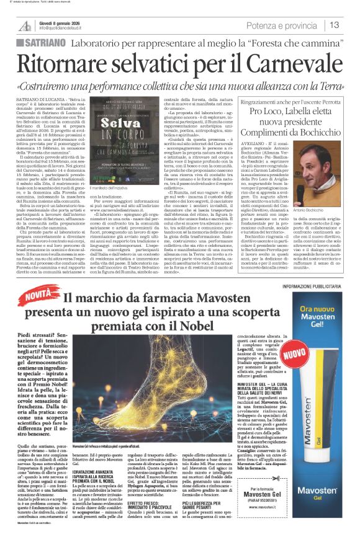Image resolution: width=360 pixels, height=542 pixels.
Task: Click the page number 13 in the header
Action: tap(334, 25)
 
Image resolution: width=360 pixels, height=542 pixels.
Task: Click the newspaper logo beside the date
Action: tap(25, 25)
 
